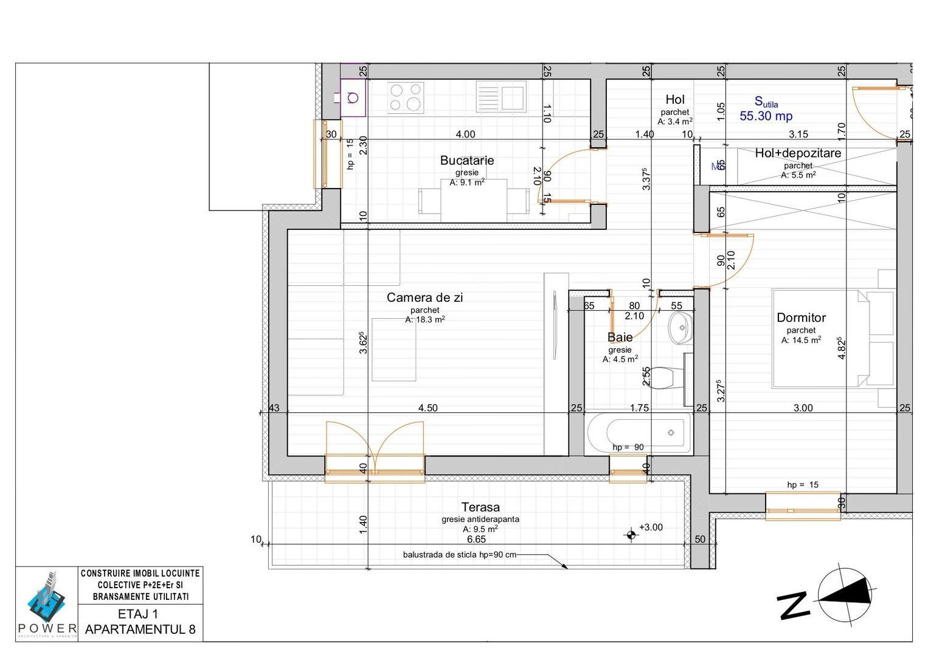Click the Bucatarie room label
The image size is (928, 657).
coord(466,161)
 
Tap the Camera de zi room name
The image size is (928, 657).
coord(424,297)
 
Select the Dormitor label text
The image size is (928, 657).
coord(801,318)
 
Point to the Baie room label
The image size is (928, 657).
coord(620,337)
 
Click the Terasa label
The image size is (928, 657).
coord(480,507)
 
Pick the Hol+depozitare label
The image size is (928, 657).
coord(798,153)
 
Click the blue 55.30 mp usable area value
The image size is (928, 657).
coord(766,116)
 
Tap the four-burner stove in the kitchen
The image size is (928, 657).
coord(406,97)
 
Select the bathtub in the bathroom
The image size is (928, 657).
coord(638,433)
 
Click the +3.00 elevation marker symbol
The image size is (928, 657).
coord(631,535)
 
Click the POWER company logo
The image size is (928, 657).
coord(47,602)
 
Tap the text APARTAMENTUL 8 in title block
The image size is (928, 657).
coord(140,629)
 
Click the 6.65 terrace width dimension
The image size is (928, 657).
coord(476,540)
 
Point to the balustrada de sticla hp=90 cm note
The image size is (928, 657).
coord(459,555)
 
